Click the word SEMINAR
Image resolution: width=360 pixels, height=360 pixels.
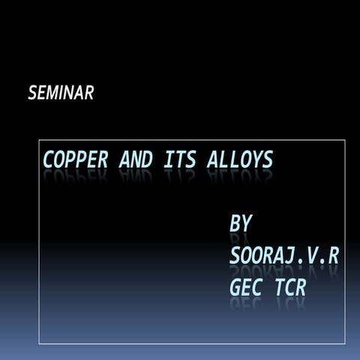click(61, 94)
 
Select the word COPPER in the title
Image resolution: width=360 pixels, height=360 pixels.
click(75, 160)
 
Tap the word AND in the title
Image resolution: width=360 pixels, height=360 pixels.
click(136, 160)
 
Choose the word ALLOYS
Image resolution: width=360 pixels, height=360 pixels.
click(239, 160)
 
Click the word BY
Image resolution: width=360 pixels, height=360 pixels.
click(241, 223)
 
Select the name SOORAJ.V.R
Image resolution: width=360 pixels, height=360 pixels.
click(284, 255)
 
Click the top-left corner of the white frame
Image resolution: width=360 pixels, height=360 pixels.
click(39, 140)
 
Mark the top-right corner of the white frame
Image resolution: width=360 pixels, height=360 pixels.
click(345, 140)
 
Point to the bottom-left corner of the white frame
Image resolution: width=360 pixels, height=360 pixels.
click(39, 343)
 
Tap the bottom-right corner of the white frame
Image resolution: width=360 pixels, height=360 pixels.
click(345, 343)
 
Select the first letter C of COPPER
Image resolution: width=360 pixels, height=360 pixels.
click(49, 160)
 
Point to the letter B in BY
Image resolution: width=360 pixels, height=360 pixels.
click(235, 223)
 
